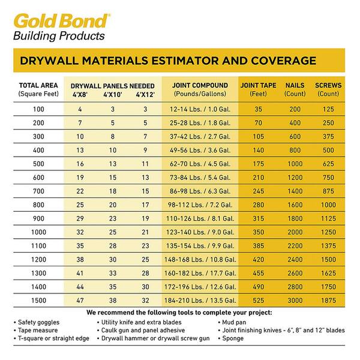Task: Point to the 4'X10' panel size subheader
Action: pyautogui.click(x=113, y=94)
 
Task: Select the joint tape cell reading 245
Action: pyautogui.click(x=258, y=190)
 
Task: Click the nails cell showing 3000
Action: pyautogui.click(x=295, y=299)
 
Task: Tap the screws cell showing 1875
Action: pyautogui.click(x=328, y=299)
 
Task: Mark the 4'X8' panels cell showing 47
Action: pyautogui.click(x=80, y=299)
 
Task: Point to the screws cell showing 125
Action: pyautogui.click(x=328, y=109)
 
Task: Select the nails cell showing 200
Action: pyautogui.click(x=295, y=109)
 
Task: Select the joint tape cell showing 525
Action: pyautogui.click(x=258, y=299)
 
